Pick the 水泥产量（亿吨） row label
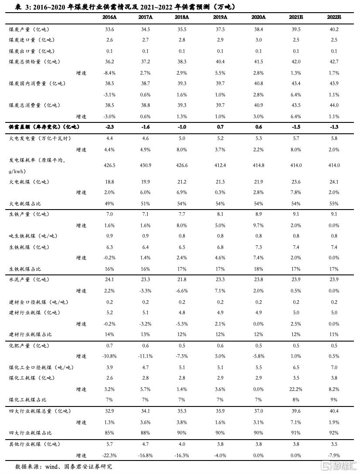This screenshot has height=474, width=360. pos(29,280)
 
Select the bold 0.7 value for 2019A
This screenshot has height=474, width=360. pos(221,127)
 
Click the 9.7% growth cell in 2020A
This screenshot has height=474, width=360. pos(259,225)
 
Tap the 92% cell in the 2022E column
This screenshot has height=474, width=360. pos(334,433)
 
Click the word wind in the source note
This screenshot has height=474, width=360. pos(52,467)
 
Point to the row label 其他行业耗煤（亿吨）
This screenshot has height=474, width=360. pos(35,444)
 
